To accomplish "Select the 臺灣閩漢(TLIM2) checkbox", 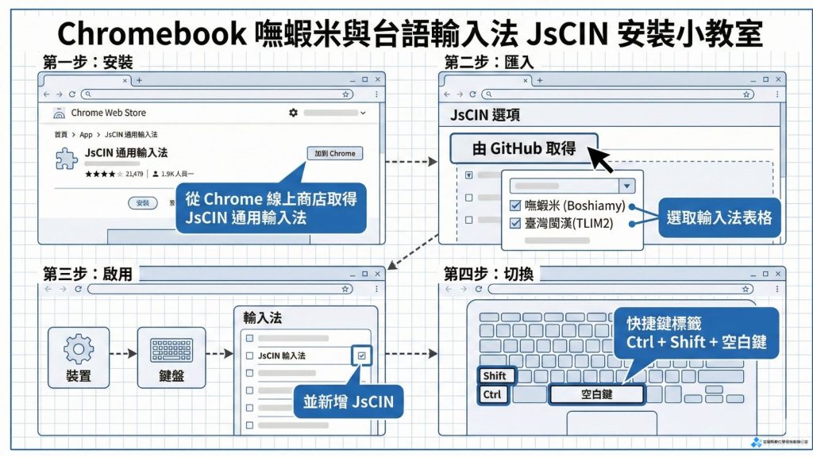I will (514, 224).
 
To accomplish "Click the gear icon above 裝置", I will (78, 348).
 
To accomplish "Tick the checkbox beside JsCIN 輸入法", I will (361, 356).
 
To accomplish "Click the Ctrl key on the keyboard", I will (492, 394).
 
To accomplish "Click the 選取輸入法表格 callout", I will (719, 215).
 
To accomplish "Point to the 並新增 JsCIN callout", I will (348, 401).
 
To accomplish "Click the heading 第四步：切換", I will (488, 275).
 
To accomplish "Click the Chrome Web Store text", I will (108, 113).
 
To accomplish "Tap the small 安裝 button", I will (142, 203).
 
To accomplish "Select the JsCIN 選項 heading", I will (485, 116).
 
